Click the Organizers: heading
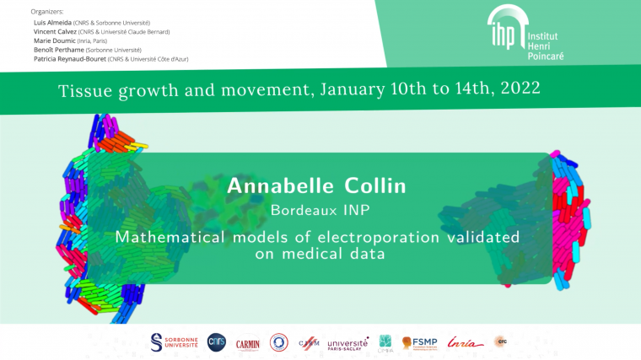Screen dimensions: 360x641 coord(47,11)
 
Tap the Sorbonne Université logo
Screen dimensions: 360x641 coord(174,341)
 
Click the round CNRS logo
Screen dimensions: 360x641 coord(217,341)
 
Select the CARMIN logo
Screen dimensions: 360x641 coord(248,342)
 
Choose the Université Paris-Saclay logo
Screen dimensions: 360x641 coord(347,343)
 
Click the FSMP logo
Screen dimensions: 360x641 coord(419,342)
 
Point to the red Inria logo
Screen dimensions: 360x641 coord(466,341)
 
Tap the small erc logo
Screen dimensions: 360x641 coord(501,341)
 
